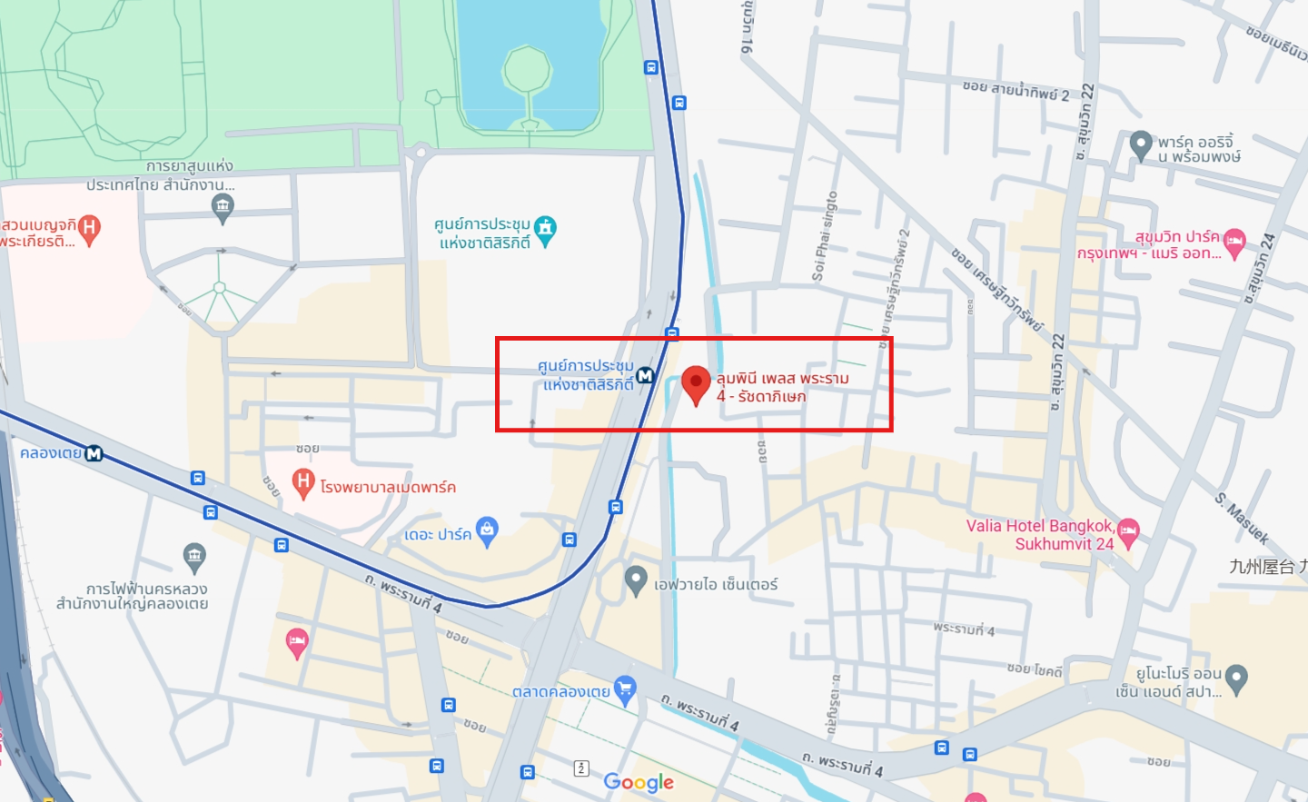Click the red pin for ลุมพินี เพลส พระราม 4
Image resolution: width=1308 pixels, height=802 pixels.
696,382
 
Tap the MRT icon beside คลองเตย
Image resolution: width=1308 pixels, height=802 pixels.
94,453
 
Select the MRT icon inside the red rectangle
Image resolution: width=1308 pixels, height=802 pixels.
645,375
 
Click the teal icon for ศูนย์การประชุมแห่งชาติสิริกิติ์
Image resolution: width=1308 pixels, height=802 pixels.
545,229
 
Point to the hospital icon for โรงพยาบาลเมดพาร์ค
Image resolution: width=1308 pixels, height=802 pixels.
303,482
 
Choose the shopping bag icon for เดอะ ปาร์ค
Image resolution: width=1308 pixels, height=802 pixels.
488,530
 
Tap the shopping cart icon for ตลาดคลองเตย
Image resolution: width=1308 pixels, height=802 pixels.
624,688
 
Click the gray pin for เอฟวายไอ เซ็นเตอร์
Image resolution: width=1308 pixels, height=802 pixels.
636,579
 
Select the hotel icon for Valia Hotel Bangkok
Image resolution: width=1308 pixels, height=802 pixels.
1128,531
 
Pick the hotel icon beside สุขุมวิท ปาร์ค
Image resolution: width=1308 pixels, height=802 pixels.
1234,243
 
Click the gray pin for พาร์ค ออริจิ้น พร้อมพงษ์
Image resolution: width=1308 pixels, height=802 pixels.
1141,144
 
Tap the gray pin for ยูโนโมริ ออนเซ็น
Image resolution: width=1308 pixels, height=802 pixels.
1236,678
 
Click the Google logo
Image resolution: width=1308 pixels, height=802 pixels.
639,782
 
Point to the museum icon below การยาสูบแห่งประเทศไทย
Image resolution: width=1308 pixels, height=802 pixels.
223,207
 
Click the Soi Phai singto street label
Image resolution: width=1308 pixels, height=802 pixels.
825,235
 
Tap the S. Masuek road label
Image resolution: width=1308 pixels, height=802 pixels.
1242,518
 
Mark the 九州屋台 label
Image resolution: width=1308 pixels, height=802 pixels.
1268,567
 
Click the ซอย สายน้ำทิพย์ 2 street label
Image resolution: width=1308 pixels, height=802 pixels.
1016,90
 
